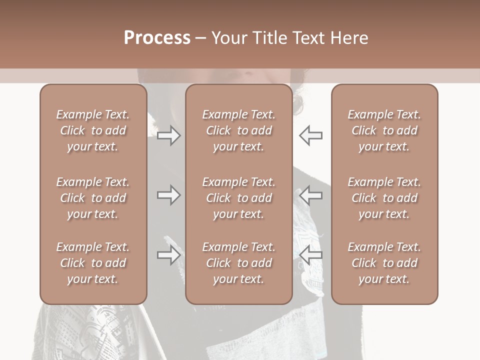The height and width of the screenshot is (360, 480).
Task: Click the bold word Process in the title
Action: pos(157,37)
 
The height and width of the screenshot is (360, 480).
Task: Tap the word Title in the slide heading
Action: pos(269,37)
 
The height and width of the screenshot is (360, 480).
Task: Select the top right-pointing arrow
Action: pos(168,135)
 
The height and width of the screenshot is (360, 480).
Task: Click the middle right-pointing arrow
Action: pos(168,195)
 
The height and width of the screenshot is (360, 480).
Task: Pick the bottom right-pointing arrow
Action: pos(168,255)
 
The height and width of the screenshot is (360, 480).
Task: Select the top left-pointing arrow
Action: pos(310,135)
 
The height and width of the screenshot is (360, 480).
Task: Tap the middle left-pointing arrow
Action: pos(310,195)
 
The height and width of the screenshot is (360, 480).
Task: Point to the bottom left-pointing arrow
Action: pos(310,255)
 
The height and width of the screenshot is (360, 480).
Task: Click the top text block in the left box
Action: pos(93,130)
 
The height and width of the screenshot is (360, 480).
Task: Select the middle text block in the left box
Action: pos(93,198)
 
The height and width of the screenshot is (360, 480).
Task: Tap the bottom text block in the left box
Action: pos(93,263)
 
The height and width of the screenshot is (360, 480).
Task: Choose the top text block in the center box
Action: pos(239,130)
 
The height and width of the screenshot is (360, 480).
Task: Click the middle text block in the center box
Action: pos(239,198)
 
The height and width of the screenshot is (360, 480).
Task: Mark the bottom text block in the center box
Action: pos(239,263)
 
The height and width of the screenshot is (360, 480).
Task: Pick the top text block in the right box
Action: pos(384,130)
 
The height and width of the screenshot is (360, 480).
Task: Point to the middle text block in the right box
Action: pos(384,198)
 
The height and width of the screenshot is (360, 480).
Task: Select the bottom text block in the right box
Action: pos(384,263)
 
